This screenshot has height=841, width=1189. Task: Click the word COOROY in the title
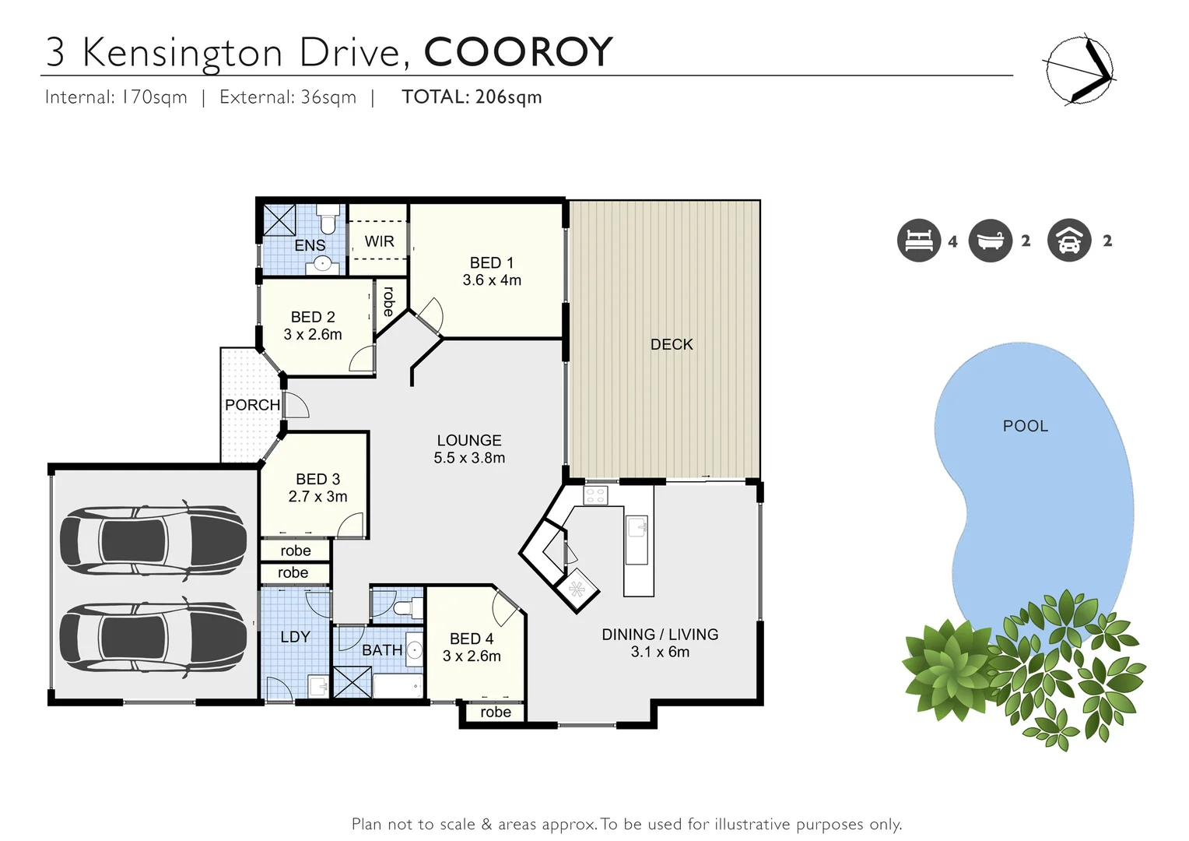(518, 53)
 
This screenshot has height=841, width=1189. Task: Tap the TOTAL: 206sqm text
(472, 97)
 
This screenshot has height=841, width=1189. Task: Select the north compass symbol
(1079, 69)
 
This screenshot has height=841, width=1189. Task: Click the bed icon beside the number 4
(918, 241)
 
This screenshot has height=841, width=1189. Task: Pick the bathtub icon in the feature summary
(990, 241)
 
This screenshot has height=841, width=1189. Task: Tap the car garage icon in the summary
(1069, 241)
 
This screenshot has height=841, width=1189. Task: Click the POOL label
(1025, 426)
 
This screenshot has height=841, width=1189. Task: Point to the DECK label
(671, 344)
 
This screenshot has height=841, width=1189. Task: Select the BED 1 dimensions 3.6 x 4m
(492, 280)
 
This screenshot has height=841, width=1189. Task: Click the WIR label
(380, 241)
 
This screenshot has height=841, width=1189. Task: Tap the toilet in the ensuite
(328, 220)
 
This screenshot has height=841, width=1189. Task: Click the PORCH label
(252, 405)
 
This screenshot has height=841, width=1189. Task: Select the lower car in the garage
(153, 637)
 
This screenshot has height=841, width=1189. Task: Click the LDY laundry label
(295, 637)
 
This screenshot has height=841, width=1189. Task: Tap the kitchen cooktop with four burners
(595, 495)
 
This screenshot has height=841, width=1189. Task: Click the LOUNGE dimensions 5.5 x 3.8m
(469, 458)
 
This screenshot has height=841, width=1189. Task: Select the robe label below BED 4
(496, 713)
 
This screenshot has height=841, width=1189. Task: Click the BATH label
(382, 650)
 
